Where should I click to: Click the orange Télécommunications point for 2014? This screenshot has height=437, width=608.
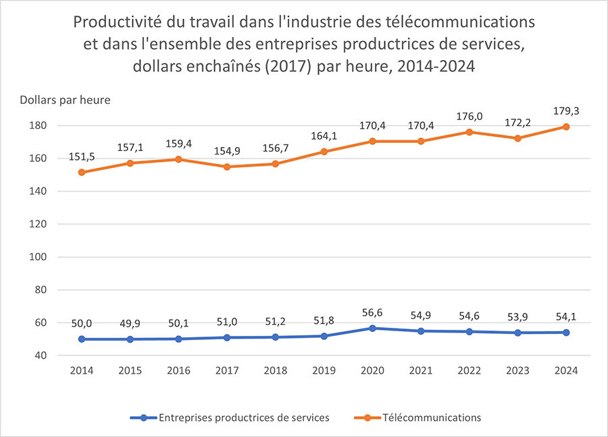[82, 172]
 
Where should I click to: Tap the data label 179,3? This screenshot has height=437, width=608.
[566, 111]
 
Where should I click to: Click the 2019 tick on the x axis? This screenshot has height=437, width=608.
[324, 370]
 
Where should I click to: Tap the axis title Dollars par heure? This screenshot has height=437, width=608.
[65, 100]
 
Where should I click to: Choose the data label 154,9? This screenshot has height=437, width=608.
[227, 150]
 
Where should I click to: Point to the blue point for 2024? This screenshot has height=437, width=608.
[566, 332]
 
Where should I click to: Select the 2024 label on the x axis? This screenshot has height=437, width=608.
[566, 370]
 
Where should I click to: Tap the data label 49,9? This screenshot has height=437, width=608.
[130, 322]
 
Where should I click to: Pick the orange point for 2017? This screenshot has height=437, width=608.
[227, 167]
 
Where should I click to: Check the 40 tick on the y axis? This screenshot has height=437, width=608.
[39, 355]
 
